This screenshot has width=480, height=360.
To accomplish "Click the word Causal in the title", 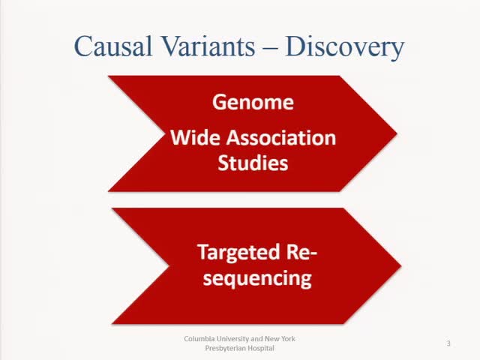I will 115,46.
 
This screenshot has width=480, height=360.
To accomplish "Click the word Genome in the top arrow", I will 253,102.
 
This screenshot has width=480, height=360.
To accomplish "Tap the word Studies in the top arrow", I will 253,163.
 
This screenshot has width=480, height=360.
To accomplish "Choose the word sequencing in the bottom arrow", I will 253,277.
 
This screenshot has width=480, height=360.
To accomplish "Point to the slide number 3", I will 448,343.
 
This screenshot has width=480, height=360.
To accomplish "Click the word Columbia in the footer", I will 199,339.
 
